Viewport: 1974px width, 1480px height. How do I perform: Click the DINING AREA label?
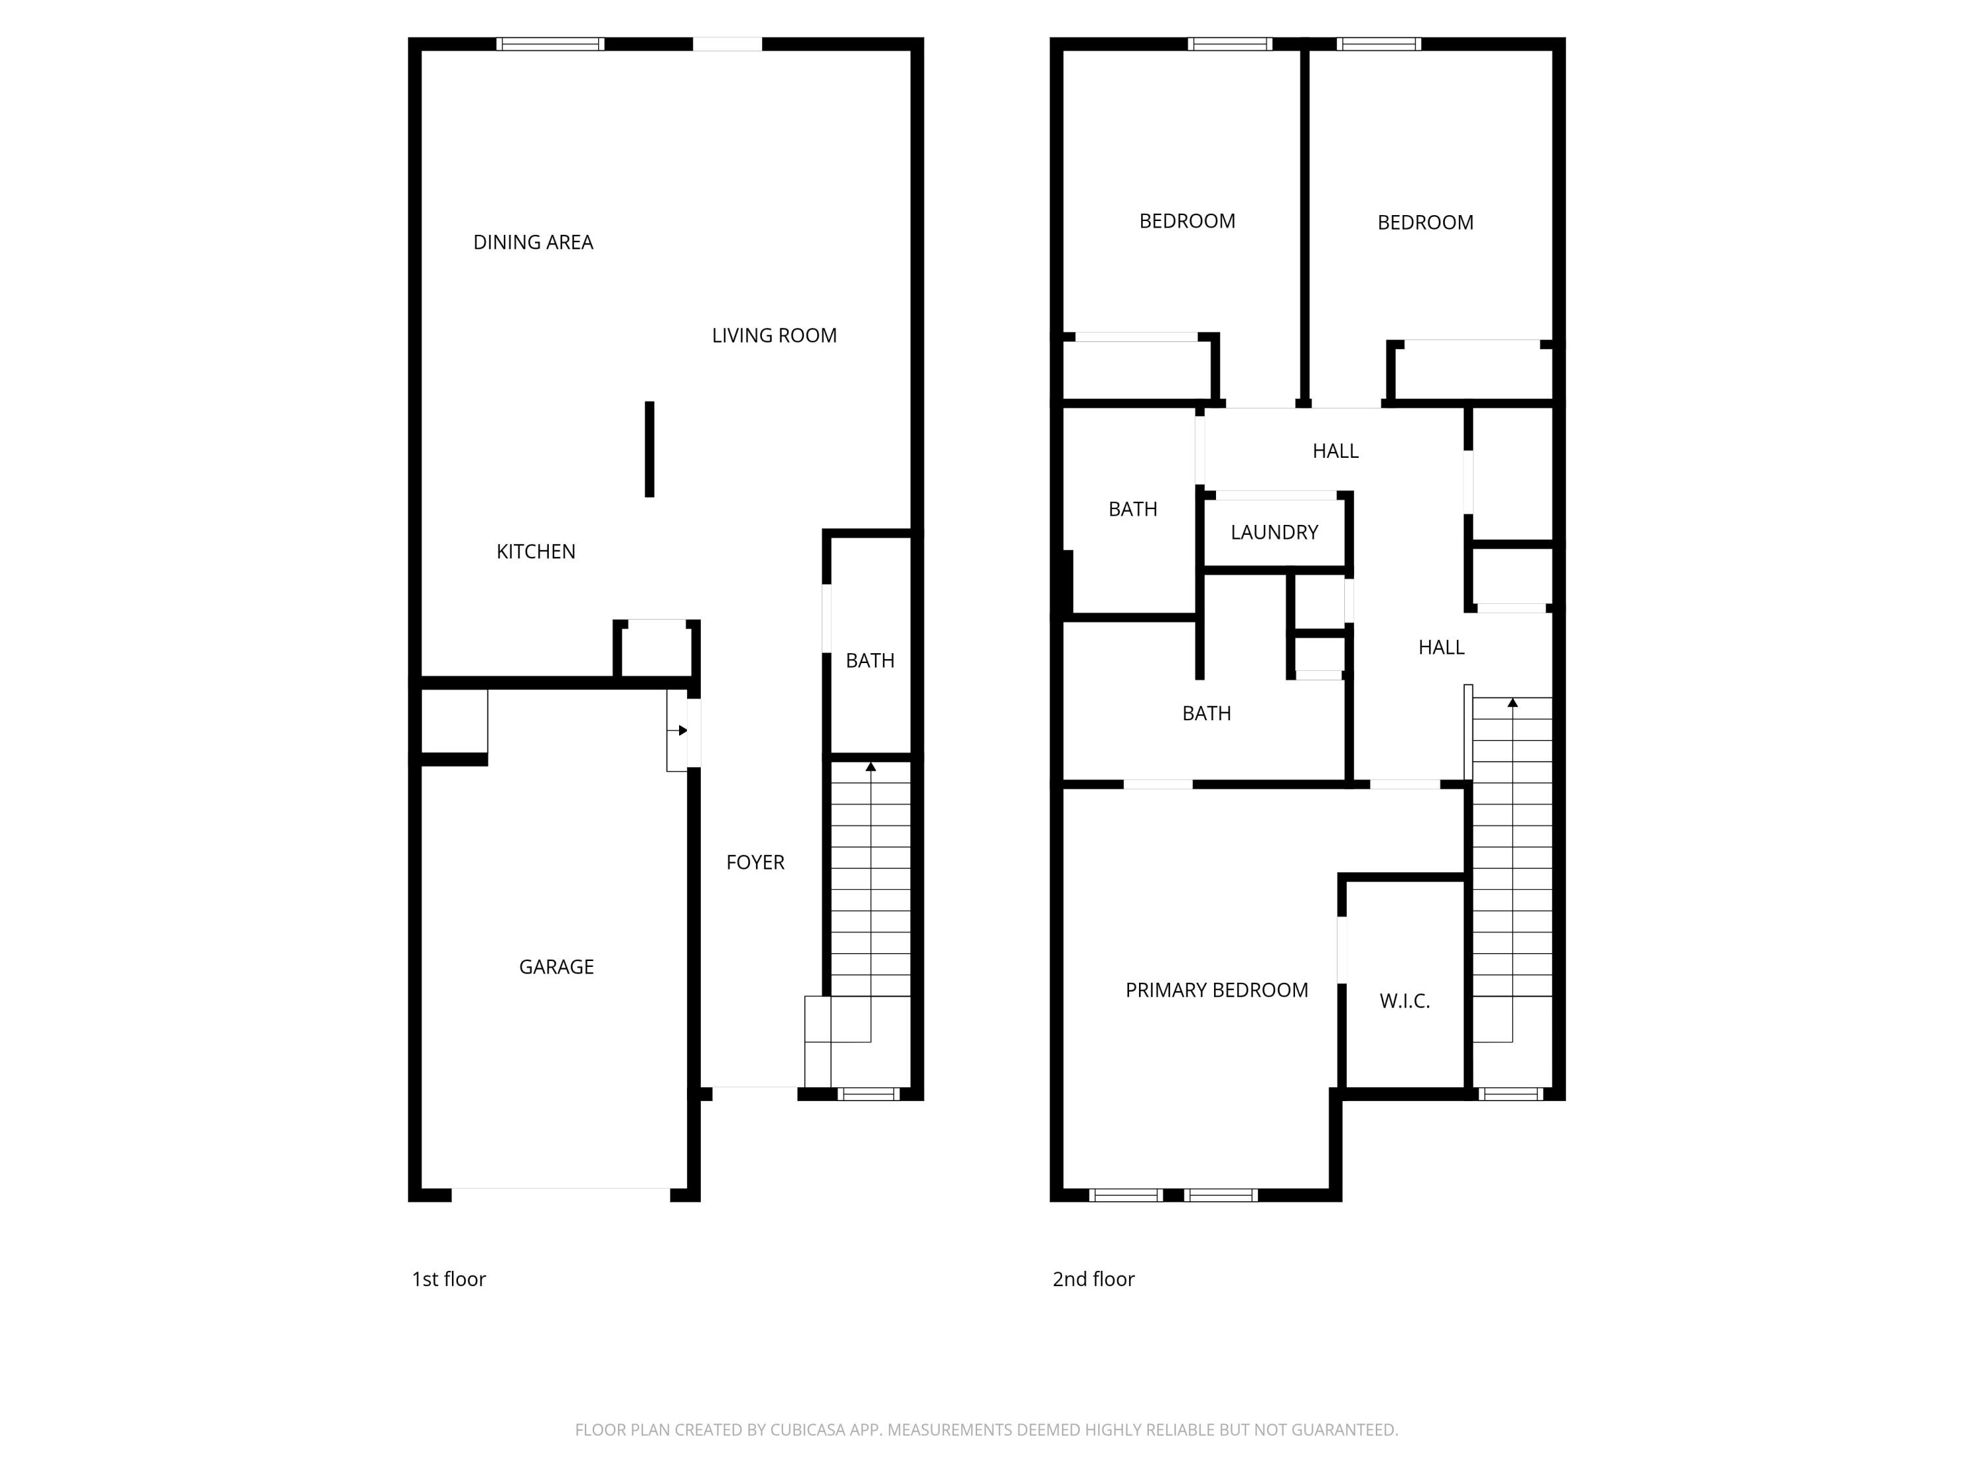click(x=533, y=243)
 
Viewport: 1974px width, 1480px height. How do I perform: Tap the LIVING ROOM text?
click(x=774, y=335)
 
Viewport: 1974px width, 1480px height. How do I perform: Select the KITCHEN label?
click(x=536, y=551)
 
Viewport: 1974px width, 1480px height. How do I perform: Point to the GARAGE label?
click(x=556, y=967)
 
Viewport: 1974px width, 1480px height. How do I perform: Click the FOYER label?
click(x=755, y=862)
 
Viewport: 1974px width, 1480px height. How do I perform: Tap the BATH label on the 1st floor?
click(x=869, y=661)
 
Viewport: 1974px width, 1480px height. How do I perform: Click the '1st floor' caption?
click(x=448, y=1279)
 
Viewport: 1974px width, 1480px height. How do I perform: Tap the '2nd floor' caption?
click(x=1093, y=1279)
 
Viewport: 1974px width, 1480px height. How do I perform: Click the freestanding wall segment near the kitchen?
click(x=649, y=449)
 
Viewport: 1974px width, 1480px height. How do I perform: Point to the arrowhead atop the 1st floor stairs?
click(x=870, y=766)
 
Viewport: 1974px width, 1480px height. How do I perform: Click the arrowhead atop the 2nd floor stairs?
click(x=1513, y=703)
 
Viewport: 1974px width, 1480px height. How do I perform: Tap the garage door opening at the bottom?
click(x=561, y=1194)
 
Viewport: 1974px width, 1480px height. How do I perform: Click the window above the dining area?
click(x=549, y=43)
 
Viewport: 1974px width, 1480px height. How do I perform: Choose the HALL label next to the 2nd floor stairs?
click(x=1440, y=648)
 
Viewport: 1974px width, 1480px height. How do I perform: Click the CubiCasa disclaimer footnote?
click(x=986, y=1430)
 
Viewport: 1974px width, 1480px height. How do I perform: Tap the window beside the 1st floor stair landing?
click(x=869, y=1095)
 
